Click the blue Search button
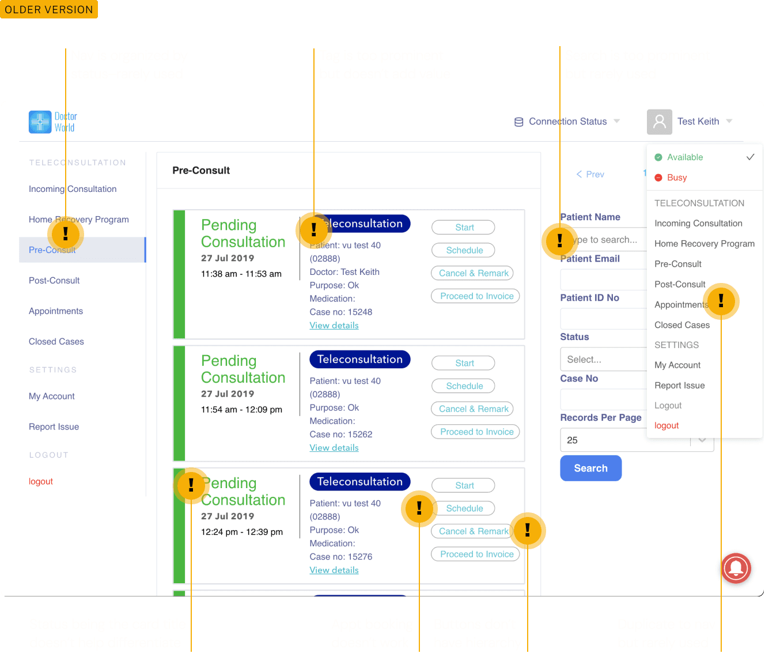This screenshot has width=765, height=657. (590, 468)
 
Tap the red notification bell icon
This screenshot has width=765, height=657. (736, 568)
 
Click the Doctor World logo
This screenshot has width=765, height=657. (52, 122)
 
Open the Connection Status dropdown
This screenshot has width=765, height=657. (567, 122)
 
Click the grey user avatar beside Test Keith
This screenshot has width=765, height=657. (659, 122)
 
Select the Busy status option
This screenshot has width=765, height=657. (676, 178)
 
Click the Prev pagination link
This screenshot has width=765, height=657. (590, 174)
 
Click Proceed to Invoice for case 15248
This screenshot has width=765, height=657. (476, 296)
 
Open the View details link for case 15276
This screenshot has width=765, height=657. (334, 570)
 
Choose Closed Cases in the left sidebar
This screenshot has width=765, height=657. (56, 342)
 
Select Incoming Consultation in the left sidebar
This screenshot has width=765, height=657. (73, 189)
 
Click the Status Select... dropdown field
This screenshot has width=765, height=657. (603, 360)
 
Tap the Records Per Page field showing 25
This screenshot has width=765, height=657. (625, 440)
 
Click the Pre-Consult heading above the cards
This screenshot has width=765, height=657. (201, 171)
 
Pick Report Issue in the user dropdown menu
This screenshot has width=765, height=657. (679, 386)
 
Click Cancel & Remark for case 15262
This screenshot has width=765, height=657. (473, 409)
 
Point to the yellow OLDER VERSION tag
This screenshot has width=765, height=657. (49, 9)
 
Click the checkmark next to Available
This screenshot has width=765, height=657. (750, 157)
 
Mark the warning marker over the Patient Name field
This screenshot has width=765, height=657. (559, 240)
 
